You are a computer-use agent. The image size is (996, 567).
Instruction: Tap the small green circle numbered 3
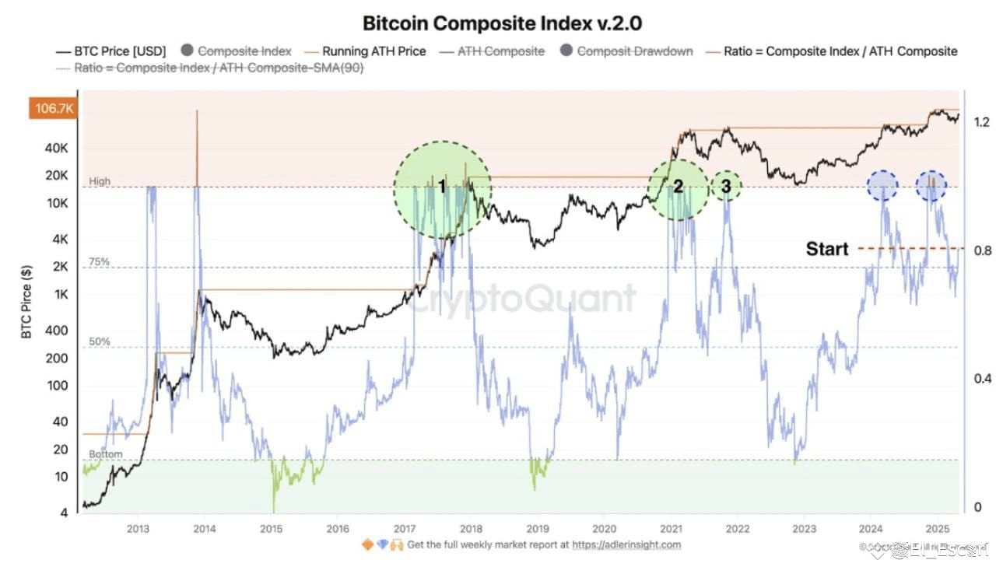point(726,186)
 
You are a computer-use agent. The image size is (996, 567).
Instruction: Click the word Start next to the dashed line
point(826,249)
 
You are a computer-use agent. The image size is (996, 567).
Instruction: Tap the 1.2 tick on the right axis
point(981,121)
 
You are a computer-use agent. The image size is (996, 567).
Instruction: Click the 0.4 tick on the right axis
point(981,378)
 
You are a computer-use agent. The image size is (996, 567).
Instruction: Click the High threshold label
point(100,181)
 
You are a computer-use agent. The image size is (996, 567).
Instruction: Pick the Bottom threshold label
point(105,454)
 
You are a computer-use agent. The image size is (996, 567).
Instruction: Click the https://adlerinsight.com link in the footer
point(626,545)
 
